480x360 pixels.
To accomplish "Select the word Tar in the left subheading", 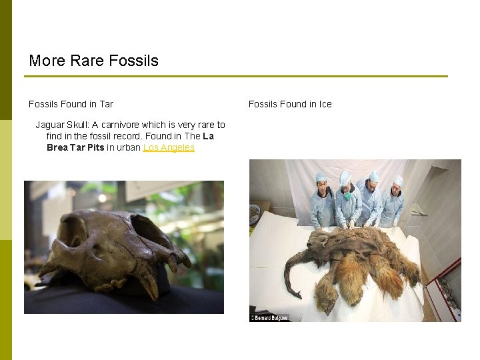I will (x=106, y=104).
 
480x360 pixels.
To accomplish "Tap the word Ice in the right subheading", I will (x=325, y=104).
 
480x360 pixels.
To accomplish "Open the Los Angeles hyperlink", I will (x=169, y=147).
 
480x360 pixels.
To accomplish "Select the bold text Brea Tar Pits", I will (x=75, y=147).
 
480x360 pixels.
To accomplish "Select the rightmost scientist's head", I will (x=398, y=184).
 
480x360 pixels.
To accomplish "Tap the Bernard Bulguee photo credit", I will (x=269, y=317).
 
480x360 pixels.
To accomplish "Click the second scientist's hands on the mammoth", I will (x=348, y=225).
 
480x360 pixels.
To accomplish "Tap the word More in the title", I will (x=46, y=61).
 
